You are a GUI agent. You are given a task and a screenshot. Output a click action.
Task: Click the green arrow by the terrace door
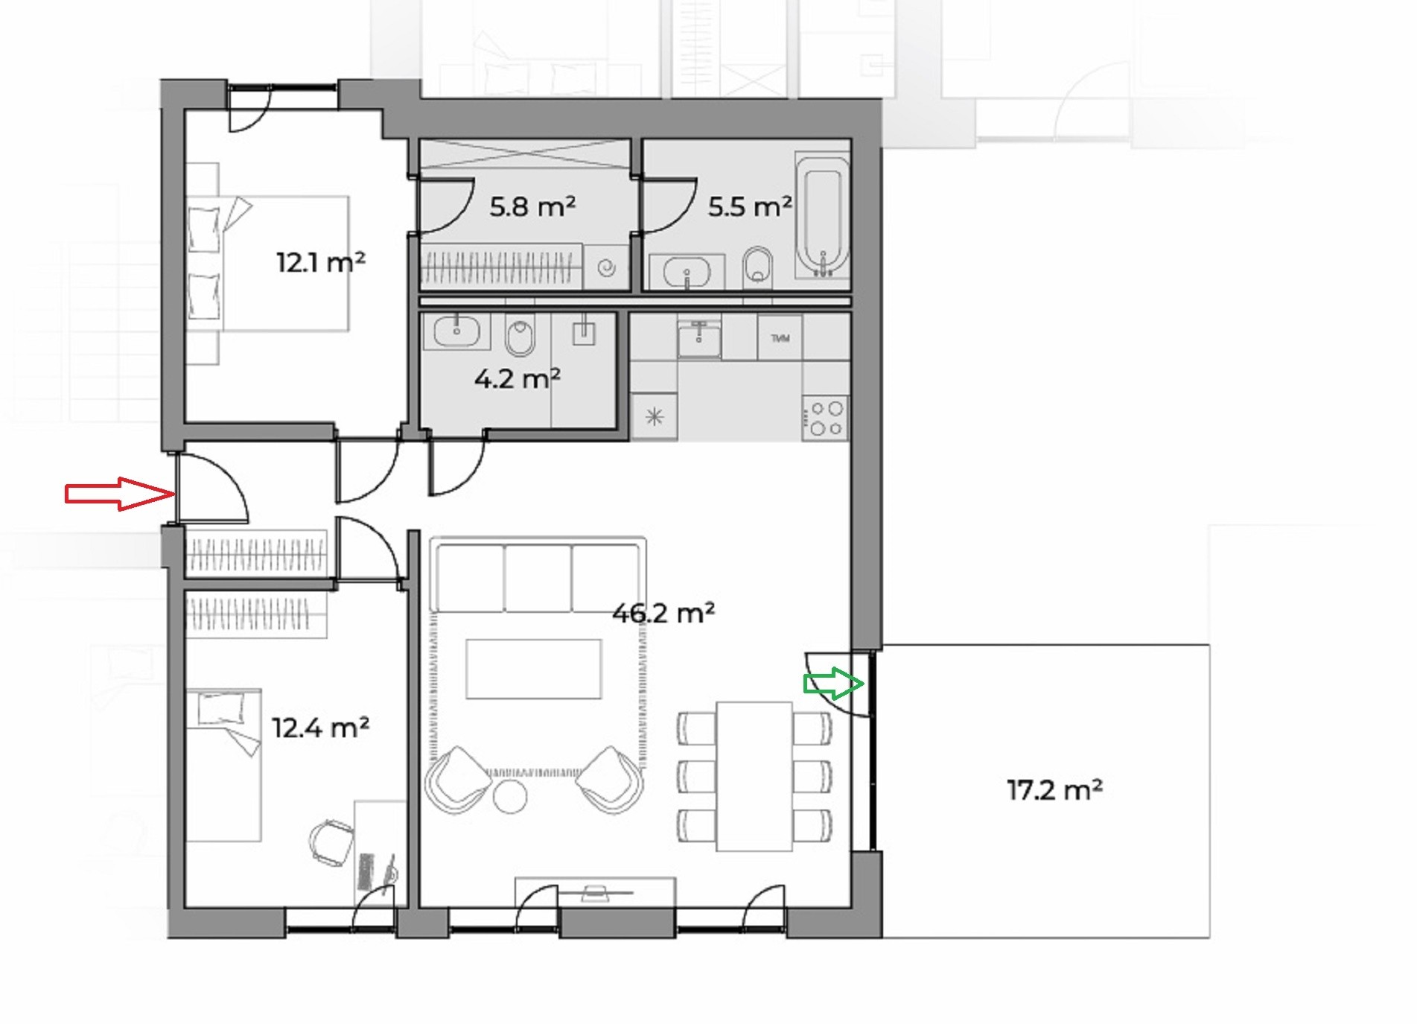(x=833, y=683)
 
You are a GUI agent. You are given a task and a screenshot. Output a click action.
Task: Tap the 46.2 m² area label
(x=663, y=613)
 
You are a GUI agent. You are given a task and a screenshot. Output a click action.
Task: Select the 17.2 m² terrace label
(x=1054, y=789)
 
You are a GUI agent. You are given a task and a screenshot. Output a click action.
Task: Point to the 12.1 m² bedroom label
(x=321, y=262)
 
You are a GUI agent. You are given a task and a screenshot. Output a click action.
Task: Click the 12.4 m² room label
(x=320, y=727)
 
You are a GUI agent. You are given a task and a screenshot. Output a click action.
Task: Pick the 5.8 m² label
(x=532, y=206)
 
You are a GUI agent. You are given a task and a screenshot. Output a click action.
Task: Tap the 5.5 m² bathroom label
(x=750, y=206)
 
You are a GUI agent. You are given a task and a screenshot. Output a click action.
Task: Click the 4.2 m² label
(x=518, y=379)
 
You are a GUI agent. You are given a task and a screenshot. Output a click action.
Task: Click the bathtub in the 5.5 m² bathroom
(x=823, y=215)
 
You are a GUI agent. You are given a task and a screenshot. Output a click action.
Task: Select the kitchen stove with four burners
(x=826, y=419)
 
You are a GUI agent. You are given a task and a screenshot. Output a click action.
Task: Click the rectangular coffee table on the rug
(x=533, y=669)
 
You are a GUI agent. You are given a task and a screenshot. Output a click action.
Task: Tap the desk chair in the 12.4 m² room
(x=331, y=842)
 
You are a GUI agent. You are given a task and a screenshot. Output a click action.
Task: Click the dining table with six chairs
(x=754, y=776)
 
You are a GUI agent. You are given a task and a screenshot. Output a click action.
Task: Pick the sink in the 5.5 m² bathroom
(x=686, y=272)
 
